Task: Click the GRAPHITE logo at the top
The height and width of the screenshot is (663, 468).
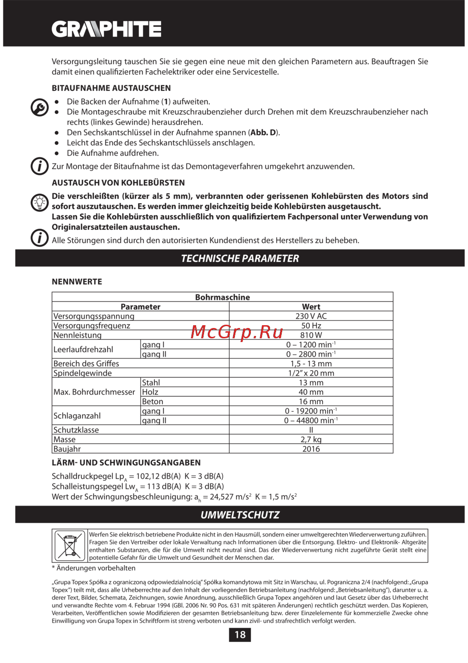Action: tap(106, 29)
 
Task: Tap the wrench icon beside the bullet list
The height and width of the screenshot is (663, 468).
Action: tap(40, 107)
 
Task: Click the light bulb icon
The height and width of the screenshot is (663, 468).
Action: tap(40, 202)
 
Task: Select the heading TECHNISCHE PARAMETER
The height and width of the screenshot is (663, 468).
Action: tap(240, 258)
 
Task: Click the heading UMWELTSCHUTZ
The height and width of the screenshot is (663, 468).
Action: tap(240, 515)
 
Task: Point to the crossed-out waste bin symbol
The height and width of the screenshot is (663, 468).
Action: tap(70, 546)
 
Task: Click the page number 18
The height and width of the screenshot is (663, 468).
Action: tap(240, 635)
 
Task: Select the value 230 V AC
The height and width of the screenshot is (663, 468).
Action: tap(311, 316)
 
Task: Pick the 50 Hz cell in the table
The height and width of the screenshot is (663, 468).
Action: tap(311, 326)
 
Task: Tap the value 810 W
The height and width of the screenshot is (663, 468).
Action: tap(311, 335)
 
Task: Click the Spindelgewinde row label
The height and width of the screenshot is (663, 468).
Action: tap(82, 373)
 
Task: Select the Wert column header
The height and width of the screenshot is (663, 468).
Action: tap(311, 307)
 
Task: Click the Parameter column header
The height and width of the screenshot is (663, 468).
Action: tap(140, 307)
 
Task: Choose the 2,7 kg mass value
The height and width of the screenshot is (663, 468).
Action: tap(311, 440)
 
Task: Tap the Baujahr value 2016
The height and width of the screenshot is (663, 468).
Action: tap(311, 449)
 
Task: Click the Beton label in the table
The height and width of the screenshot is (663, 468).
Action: tap(153, 402)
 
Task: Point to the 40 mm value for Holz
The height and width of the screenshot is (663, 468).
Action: tap(311, 392)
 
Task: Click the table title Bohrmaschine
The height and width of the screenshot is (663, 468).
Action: tap(222, 297)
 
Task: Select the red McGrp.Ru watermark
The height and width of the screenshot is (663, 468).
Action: tap(237, 332)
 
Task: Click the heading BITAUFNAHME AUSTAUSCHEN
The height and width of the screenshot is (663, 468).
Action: tap(111, 88)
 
